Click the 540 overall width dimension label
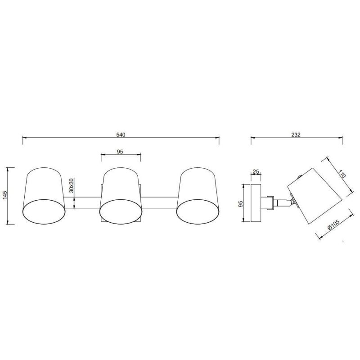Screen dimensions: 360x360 pyautogui.click(x=121, y=135)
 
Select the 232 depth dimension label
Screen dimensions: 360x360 pyautogui.click(x=296, y=135)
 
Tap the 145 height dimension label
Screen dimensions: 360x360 pyautogui.click(x=5, y=195)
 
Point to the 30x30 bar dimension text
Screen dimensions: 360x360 pyautogui.click(x=71, y=185)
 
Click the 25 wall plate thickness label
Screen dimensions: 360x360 pyautogui.click(x=256, y=171)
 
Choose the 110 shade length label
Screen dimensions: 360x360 pyautogui.click(x=341, y=174)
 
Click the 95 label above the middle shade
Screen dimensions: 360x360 pyautogui.click(x=120, y=152)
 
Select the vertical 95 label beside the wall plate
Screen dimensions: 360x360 pyautogui.click(x=240, y=204)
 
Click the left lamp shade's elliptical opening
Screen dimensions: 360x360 pyautogui.click(x=44, y=211)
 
